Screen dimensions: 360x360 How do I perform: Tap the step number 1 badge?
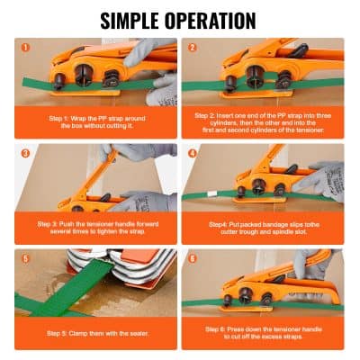point(24,47)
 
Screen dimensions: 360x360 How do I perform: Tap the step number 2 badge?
point(192,47)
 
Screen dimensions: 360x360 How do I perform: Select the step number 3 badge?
point(24,153)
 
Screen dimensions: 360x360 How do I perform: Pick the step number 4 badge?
point(192,153)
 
